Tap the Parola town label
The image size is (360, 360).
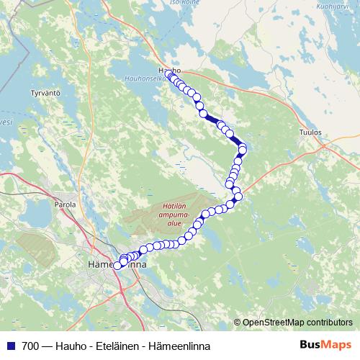(65, 204)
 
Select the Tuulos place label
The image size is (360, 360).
(309, 132)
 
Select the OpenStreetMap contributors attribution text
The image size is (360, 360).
(297, 322)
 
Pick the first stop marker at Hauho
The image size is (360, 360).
(170, 75)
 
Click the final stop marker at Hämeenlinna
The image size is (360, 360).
(118, 266)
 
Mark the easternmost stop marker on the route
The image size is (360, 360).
(243, 149)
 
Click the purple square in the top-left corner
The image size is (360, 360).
(3, 3)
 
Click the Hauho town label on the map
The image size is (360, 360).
(162, 70)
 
